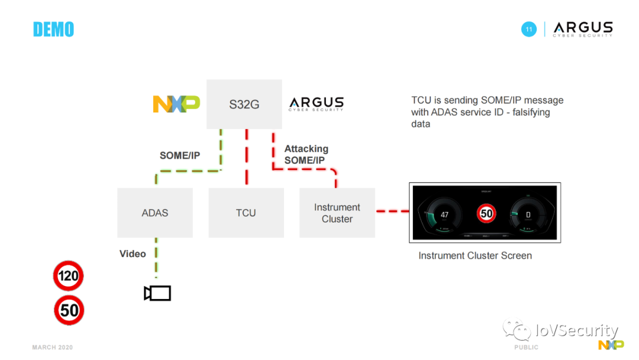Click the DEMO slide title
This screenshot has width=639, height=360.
53,29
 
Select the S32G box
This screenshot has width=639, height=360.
244,105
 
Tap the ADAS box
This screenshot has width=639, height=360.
155,213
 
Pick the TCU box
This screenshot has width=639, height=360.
246,213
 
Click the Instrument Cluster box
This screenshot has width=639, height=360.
337,213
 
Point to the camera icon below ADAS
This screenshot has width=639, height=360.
157,293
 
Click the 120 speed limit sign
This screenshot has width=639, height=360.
69,276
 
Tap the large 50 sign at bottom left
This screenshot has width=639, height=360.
69,310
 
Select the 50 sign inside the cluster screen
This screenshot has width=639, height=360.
487,214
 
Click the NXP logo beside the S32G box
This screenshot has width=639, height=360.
176,104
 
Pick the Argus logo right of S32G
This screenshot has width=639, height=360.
316,104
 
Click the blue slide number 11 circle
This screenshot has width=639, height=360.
529,29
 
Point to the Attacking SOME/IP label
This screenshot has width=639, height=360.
306,155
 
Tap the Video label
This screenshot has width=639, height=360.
133,254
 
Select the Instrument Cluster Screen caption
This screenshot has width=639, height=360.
475,256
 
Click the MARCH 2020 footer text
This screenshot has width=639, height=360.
53,348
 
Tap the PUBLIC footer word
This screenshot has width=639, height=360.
526,348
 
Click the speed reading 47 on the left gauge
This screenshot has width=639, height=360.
445,215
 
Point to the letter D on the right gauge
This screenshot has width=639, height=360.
528,215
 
